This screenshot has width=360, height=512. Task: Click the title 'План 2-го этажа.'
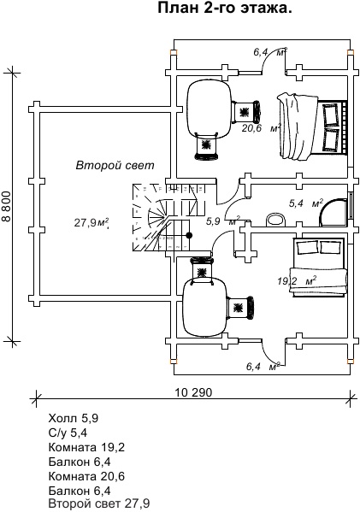(x=225, y=8)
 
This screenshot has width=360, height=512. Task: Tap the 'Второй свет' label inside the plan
(x=115, y=165)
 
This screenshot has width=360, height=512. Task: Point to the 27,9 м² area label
(x=91, y=223)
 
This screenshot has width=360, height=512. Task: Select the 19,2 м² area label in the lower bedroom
(x=297, y=280)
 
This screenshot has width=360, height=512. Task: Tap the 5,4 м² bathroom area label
(x=306, y=203)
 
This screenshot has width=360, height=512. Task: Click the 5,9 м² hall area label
(x=223, y=221)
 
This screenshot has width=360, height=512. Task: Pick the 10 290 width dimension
(x=193, y=392)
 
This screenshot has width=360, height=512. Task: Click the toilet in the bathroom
(x=275, y=220)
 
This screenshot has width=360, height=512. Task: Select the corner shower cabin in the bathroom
(x=333, y=213)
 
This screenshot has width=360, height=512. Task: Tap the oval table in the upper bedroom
(x=209, y=109)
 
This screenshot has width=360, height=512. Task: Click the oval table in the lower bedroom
(x=204, y=307)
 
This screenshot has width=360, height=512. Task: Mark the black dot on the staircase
(x=189, y=235)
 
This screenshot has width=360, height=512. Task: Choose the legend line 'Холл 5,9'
(x=74, y=418)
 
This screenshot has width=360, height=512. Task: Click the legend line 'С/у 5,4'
(x=68, y=433)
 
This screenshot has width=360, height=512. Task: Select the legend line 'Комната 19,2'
(x=86, y=447)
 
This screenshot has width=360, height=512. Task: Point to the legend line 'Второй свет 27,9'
(x=99, y=503)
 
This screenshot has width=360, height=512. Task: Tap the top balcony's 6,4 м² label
(x=270, y=52)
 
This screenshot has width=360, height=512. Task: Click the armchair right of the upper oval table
(x=246, y=112)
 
